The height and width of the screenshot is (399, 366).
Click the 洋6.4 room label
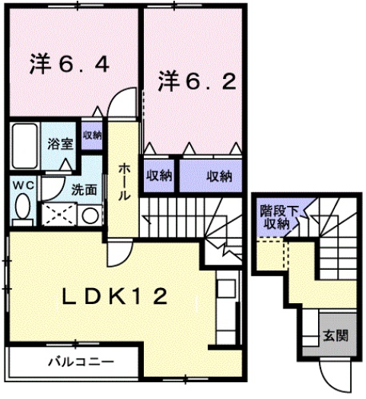click(x=69, y=64)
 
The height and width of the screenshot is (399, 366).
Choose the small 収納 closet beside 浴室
click(x=92, y=135)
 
